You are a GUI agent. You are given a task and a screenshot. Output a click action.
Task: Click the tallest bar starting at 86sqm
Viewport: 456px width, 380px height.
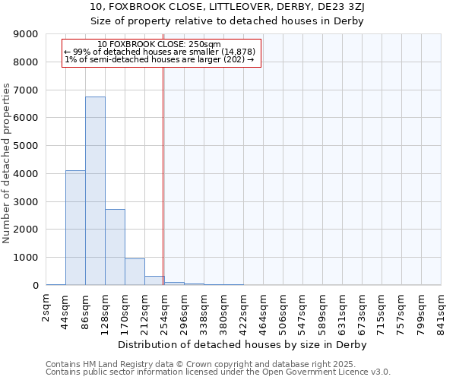tap(95, 191)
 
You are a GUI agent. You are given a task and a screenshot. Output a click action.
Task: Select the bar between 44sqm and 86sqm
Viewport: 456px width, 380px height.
tap(75, 228)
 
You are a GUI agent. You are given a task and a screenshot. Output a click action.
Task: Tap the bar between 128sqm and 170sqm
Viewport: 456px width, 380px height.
tap(115, 247)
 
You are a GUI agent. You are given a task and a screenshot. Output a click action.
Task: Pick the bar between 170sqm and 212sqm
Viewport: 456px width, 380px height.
tap(135, 271)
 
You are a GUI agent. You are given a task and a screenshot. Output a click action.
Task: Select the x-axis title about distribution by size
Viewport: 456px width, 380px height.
tap(243, 344)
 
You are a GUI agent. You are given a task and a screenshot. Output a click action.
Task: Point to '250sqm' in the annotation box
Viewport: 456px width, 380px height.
tap(205, 44)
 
